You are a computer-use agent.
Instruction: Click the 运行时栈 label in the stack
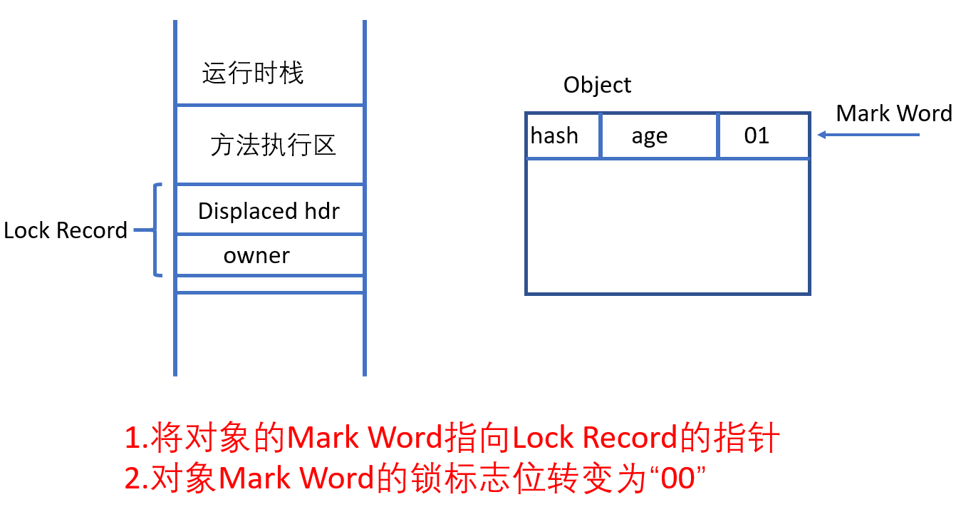[253, 73]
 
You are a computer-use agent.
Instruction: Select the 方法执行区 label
[273, 145]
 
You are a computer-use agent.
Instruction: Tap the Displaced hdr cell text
[269, 211]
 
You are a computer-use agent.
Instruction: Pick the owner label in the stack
[256, 255]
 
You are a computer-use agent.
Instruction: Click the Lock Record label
[66, 230]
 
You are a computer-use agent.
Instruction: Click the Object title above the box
[597, 85]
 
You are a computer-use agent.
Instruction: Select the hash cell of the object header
[555, 135]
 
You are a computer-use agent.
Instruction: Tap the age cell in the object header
[650, 135]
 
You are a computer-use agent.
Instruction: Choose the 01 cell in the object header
[757, 135]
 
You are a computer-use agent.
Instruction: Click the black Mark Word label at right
[894, 113]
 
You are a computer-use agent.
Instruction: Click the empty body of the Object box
[667, 225]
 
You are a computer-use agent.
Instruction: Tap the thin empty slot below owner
[270, 284]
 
